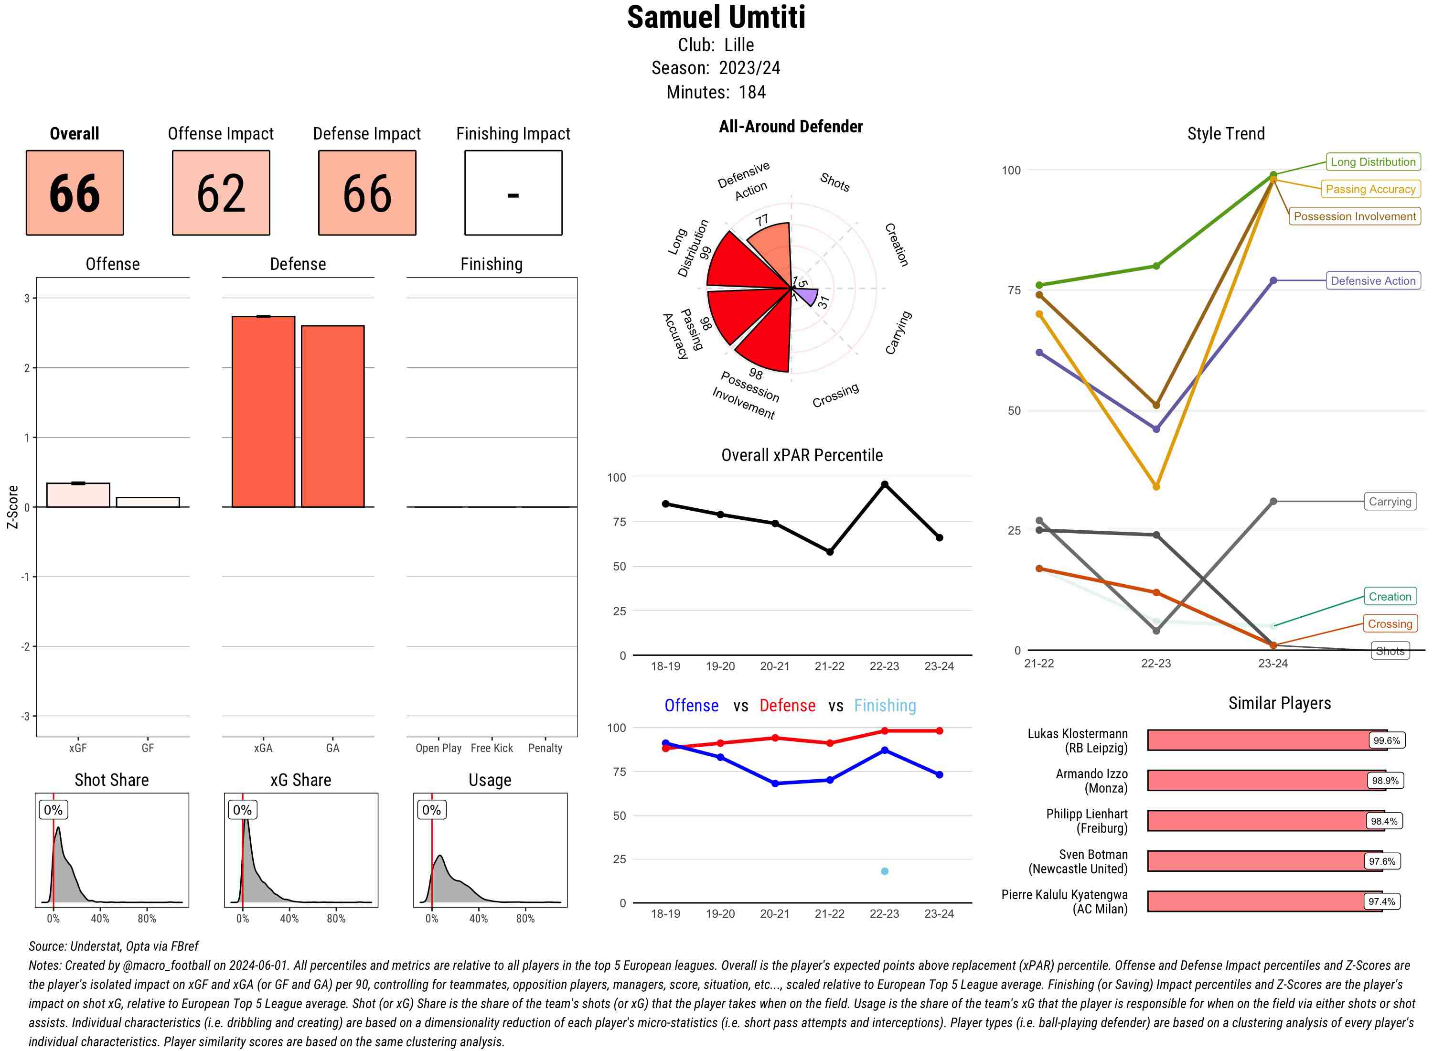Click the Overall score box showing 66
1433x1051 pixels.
[75, 193]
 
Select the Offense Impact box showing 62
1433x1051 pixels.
[221, 193]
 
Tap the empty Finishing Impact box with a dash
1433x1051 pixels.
[513, 193]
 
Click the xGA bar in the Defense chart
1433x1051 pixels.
[263, 412]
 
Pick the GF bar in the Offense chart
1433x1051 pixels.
[148, 502]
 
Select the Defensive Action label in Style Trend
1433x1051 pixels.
[1373, 280]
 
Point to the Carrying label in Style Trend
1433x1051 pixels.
[1390, 501]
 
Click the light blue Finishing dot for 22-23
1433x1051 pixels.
[884, 871]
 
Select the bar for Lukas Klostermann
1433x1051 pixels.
[1259, 740]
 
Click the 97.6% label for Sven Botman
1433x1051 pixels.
[1382, 861]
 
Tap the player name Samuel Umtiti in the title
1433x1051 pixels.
[716, 18]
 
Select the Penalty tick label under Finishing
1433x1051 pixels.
[545, 748]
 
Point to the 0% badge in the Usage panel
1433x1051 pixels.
[431, 810]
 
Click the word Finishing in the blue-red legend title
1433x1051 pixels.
[885, 706]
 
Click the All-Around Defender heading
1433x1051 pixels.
[791, 127]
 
